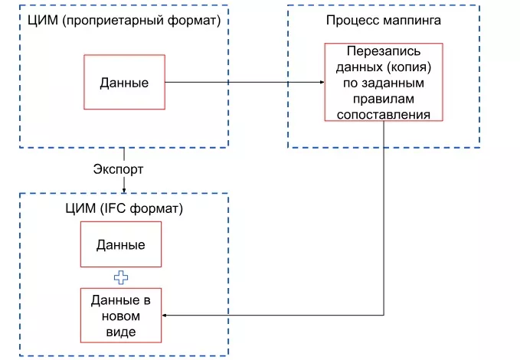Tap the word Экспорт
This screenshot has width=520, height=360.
[x=118, y=168]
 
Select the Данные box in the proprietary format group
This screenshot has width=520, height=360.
[x=124, y=82]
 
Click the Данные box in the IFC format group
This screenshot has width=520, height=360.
[x=120, y=244]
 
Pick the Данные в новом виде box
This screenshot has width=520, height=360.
[x=120, y=315]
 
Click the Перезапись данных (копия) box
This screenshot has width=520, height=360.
[x=384, y=82]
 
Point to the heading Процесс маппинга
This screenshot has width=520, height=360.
[x=383, y=21]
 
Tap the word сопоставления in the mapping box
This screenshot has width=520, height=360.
[x=384, y=114]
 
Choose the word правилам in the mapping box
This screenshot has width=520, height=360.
[x=384, y=98]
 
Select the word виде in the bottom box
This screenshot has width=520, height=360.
[x=120, y=331]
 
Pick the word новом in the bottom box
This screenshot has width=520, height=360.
[x=120, y=315]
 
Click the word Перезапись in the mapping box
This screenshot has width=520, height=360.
[x=384, y=51]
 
